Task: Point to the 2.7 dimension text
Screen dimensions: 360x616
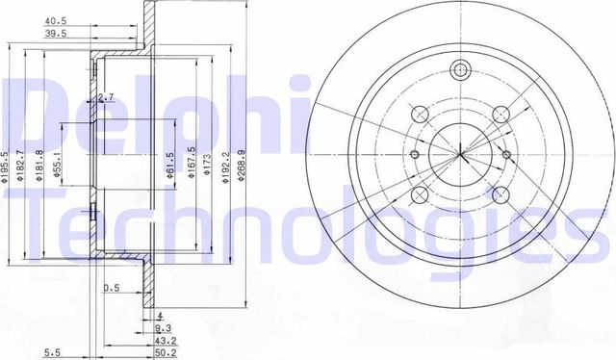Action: click(107, 97)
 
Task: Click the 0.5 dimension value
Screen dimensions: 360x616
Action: click(112, 287)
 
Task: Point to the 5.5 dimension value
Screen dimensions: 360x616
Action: click(52, 352)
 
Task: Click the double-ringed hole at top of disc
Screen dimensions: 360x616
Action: click(460, 69)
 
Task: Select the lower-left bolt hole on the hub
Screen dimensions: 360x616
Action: click(420, 196)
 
